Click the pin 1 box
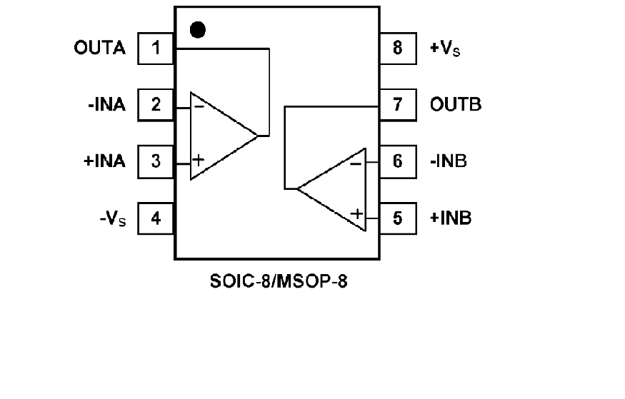click(156, 49)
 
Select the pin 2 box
click(156, 105)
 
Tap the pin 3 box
click(156, 161)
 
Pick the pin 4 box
click(156, 217)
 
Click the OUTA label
click(99, 49)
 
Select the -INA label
click(103, 105)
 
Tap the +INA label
click(104, 161)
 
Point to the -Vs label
click(112, 218)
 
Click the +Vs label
click(444, 49)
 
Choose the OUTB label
click(456, 105)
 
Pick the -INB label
click(449, 161)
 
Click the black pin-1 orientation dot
click(198, 30)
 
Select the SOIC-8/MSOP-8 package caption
click(281, 280)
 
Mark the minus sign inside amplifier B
click(355, 163)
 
